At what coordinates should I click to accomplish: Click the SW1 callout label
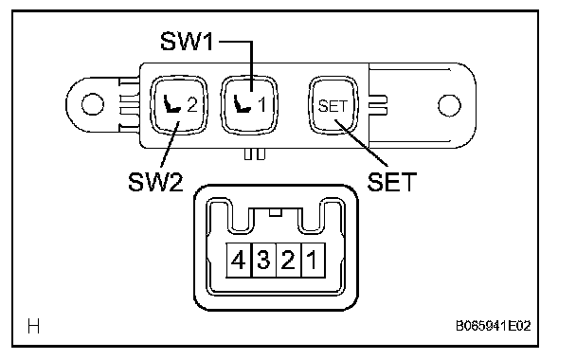pos(187,41)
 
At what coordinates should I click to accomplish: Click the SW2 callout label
pos(155,182)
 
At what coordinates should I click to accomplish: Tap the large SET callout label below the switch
pos(392,182)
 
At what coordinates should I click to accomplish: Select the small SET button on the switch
pos(333,106)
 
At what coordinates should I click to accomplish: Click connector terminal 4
pos(239,260)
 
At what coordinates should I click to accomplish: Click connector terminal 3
pos(263,260)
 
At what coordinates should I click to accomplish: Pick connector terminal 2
pos(288,260)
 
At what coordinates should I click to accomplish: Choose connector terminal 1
pos(313,260)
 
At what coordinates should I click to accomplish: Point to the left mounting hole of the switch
pos(92,104)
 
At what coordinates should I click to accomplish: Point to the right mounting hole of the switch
pos(449,105)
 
